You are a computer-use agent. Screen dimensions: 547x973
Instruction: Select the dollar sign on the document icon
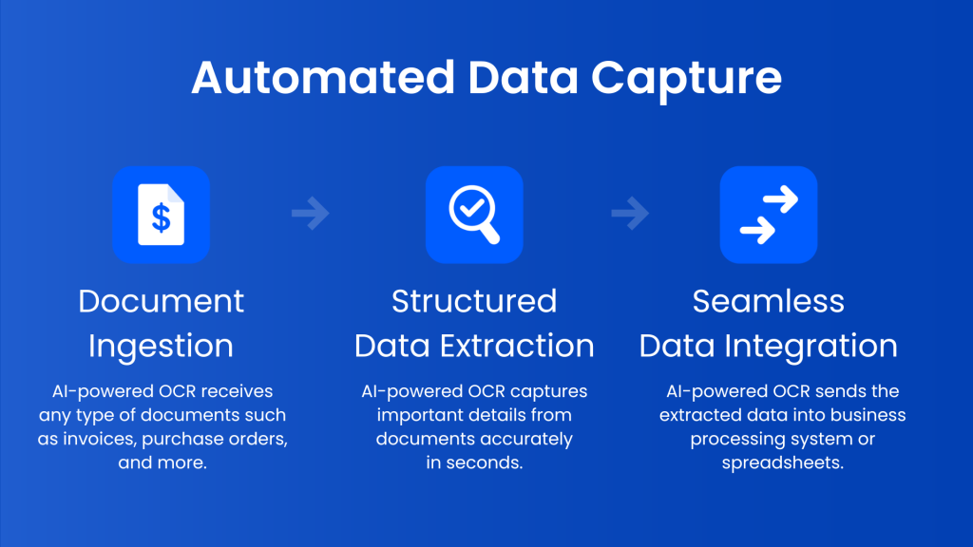(161, 217)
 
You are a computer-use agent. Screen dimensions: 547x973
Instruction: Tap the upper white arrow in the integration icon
(780, 200)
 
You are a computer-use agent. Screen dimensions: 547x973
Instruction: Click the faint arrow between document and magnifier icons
(311, 215)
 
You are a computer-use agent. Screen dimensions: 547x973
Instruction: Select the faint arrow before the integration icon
(630, 215)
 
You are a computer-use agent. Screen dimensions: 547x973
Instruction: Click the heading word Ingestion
(161, 347)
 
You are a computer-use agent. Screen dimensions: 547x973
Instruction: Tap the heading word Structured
(474, 301)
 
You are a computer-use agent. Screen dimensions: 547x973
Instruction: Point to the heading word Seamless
(768, 301)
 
